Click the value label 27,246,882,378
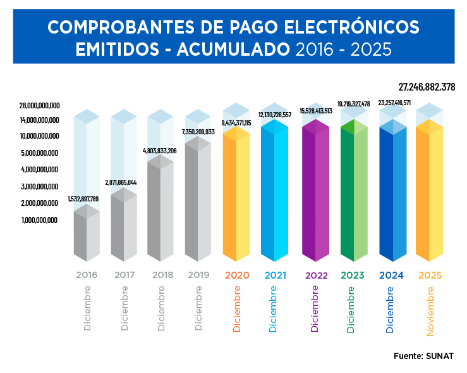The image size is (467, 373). pyautogui.click(x=427, y=87)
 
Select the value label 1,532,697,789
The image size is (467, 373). pyautogui.click(x=83, y=199)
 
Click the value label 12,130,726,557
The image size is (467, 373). pyautogui.click(x=274, y=115)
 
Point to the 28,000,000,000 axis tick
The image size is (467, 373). pyautogui.click(x=39, y=105)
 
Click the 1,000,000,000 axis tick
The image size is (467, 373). pyautogui.click(x=39, y=220)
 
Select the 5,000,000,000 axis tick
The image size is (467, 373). pyautogui.click(x=39, y=153)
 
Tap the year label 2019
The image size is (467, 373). pyautogui.click(x=198, y=275)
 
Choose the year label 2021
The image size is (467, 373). pyautogui.click(x=276, y=275)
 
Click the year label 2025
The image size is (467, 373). pyautogui.click(x=430, y=275)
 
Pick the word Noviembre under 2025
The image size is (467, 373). pyautogui.click(x=430, y=311)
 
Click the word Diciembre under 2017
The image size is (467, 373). pyautogui.click(x=124, y=308)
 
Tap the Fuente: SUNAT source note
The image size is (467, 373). pyautogui.click(x=423, y=356)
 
